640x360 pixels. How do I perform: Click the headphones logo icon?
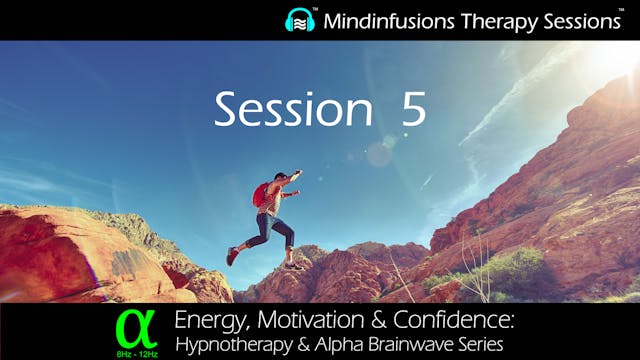[x=301, y=20]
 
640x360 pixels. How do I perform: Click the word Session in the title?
[x=290, y=111]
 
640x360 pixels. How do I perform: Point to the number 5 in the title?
[x=413, y=111]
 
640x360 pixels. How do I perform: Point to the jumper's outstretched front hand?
[x=296, y=175]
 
